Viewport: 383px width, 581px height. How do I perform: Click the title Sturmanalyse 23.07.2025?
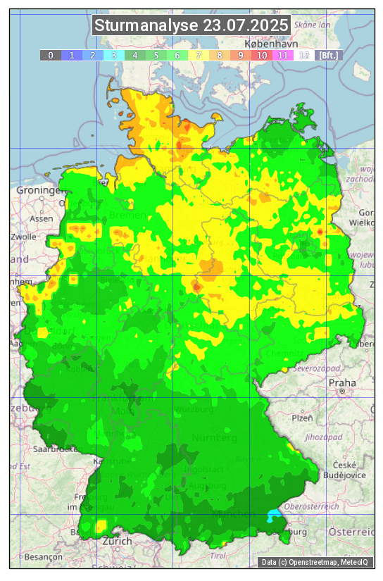click(191, 25)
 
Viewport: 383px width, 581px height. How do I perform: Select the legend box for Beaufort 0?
click(51, 55)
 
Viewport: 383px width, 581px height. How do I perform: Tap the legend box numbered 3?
click(114, 55)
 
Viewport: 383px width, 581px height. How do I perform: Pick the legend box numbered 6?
click(177, 55)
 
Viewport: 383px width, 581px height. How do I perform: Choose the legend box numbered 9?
click(241, 55)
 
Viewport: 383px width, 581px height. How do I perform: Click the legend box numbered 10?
click(262, 55)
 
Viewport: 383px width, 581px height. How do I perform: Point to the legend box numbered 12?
click(304, 55)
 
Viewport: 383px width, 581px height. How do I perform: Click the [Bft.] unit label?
click(329, 55)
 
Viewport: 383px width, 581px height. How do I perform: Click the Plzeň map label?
click(303, 418)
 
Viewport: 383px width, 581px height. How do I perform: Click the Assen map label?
click(42, 218)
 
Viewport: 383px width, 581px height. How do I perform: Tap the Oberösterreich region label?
click(312, 506)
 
